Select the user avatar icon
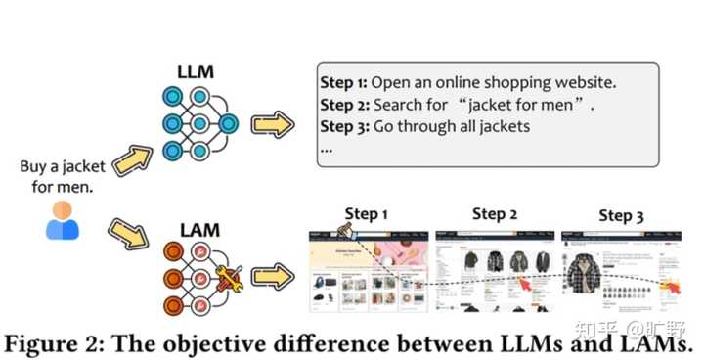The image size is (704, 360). pyautogui.click(x=63, y=220)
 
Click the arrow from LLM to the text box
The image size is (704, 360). pyautogui.click(x=272, y=125)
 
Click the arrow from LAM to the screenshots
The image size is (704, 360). pyautogui.click(x=272, y=277)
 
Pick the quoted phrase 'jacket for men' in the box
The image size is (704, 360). pyautogui.click(x=529, y=104)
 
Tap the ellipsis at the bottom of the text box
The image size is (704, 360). pyautogui.click(x=327, y=150)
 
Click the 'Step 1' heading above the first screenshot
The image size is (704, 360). pyautogui.click(x=367, y=213)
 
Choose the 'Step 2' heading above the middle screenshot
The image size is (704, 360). pyautogui.click(x=495, y=213)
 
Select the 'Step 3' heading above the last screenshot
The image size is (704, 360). pyautogui.click(x=621, y=215)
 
